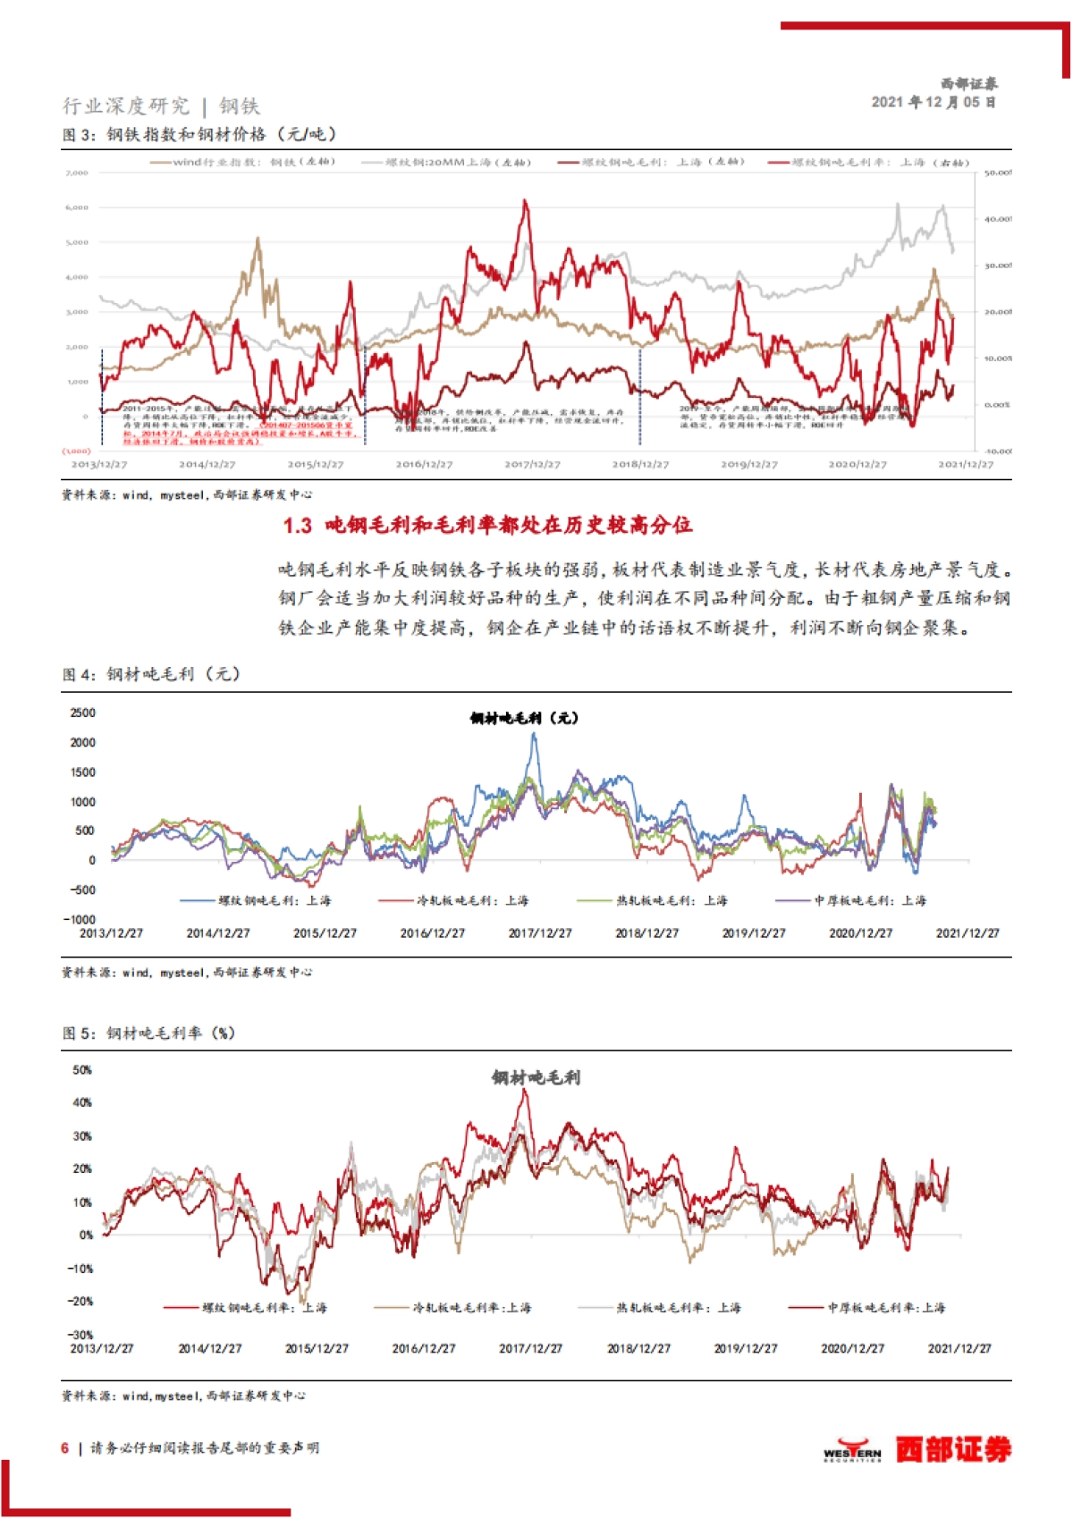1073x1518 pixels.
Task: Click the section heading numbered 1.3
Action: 487,525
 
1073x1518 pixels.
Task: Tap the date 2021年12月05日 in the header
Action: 934,102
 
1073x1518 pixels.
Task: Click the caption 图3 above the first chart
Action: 199,134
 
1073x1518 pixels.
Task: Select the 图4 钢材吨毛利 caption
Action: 151,674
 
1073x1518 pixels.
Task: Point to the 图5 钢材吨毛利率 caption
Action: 148,1033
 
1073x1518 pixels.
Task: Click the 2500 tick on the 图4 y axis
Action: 82,713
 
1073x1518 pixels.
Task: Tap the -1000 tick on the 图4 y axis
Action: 80,919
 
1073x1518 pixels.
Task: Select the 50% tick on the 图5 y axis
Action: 82,1070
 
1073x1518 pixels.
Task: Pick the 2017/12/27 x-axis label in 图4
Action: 539,932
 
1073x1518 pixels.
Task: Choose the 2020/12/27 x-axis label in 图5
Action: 852,1348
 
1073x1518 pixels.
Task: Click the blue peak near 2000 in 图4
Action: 534,735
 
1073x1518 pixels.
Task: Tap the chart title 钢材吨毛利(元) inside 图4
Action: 524,718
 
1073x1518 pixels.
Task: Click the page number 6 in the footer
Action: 64,1447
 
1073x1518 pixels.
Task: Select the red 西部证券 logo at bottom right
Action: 953,1449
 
